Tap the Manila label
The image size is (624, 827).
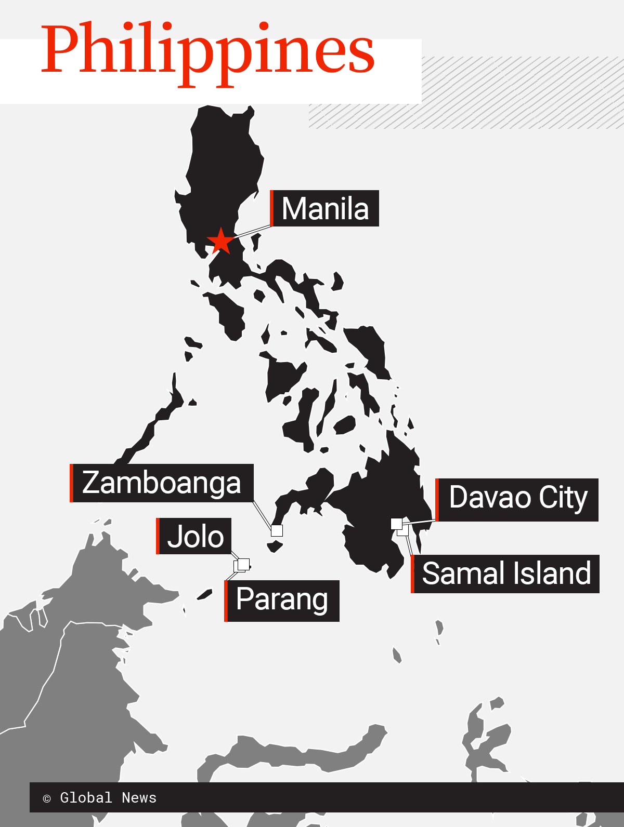tap(326, 209)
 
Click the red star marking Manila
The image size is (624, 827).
tap(221, 241)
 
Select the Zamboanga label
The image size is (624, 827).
tap(162, 483)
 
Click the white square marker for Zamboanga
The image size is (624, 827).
tap(277, 530)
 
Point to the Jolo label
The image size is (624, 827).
tap(195, 536)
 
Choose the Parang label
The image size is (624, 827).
tap(282, 601)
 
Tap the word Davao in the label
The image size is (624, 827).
tap(490, 498)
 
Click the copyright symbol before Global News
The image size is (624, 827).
tap(47, 798)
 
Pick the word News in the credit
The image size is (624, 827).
tap(139, 798)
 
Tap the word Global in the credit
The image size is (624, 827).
tap(86, 798)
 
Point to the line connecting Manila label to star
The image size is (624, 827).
tap(252, 232)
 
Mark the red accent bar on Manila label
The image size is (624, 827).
tap(271, 208)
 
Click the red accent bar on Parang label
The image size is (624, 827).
tap(226, 601)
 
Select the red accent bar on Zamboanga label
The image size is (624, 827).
tap(71, 483)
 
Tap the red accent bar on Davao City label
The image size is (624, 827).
tap(437, 500)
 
